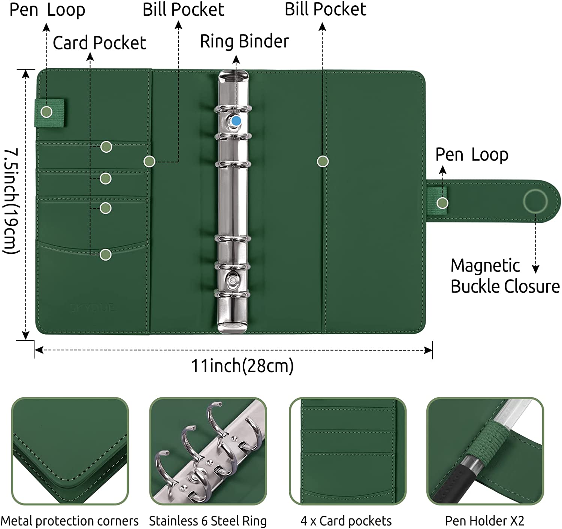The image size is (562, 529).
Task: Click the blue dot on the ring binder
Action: tap(236, 121)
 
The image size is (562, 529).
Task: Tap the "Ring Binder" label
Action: tap(244, 41)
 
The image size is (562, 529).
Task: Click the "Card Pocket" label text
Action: tap(99, 43)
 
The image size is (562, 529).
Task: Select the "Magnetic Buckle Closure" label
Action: tap(504, 276)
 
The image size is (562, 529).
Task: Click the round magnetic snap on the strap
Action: tap(535, 201)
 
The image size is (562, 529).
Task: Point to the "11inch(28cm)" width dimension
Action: tap(242, 366)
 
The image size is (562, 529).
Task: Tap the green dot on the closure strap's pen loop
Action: tap(442, 203)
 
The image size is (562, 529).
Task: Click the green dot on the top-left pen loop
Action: tap(46, 112)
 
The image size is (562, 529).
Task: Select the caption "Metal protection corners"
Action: tap(70, 521)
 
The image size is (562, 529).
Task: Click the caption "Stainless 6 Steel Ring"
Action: tap(208, 521)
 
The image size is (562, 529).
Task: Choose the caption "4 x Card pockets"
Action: tap(346, 521)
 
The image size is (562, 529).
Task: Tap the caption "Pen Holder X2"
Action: tap(484, 521)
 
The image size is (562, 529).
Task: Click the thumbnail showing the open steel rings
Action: tap(208, 451)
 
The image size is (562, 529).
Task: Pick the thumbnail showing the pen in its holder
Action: tap(485, 451)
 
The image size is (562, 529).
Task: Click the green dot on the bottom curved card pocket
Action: tap(106, 255)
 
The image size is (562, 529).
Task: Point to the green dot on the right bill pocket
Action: tap(323, 161)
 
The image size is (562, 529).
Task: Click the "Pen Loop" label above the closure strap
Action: tap(472, 155)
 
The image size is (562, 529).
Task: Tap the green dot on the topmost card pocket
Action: tap(106, 147)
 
